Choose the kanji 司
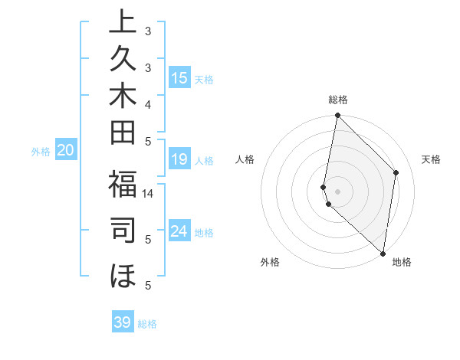pos(123,231)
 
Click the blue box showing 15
pos(179,78)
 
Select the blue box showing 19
pos(179,159)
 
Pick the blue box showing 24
pos(179,231)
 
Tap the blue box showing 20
pos(66,151)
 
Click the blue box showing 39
pos(123,322)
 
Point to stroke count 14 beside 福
pos(148,195)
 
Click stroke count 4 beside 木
pos(148,104)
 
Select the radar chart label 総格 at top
pos(338,100)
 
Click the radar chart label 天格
pos(432,159)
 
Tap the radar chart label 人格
pos(245,159)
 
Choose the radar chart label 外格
pos(270,262)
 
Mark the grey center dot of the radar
pos(338,191)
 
